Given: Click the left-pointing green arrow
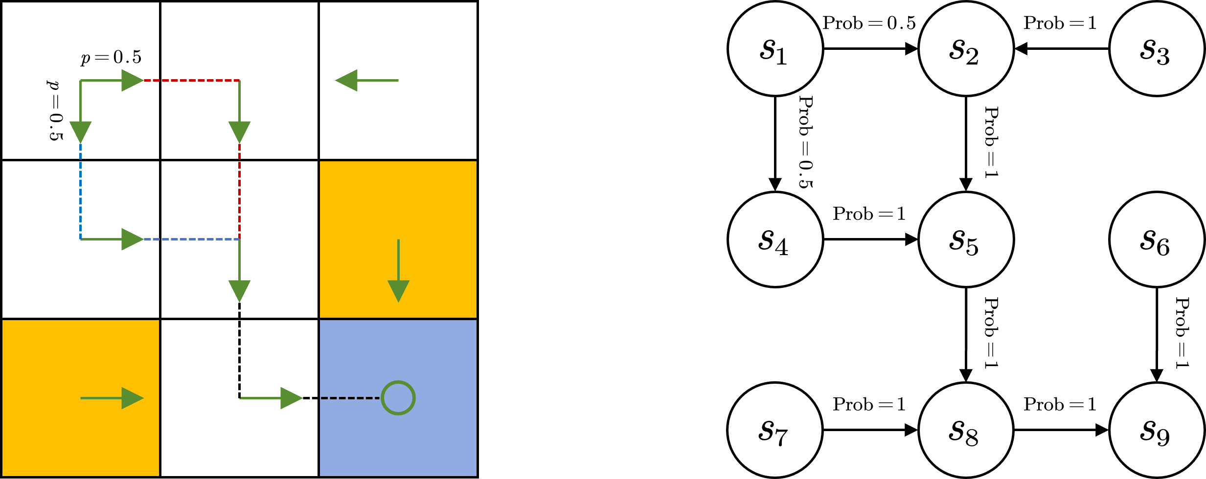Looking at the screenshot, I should pos(367,80).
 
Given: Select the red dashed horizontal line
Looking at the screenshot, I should pos(191,80).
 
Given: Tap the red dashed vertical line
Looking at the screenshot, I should pos(239,191).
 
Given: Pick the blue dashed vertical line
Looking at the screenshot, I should pos(80,191).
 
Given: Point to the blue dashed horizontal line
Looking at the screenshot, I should pos(191,239).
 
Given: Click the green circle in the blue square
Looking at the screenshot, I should pos(398,398).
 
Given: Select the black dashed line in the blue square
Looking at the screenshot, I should pos(350,398).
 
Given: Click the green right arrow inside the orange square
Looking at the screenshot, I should pos(112,398).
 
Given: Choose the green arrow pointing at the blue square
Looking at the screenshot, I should pos(272,398).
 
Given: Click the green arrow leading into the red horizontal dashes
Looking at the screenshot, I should pos(112,80).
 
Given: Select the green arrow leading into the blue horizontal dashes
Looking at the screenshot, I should pos(112,239).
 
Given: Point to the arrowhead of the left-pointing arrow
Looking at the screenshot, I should pos(346,80).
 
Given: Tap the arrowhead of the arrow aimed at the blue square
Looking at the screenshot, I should pos(292,398).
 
